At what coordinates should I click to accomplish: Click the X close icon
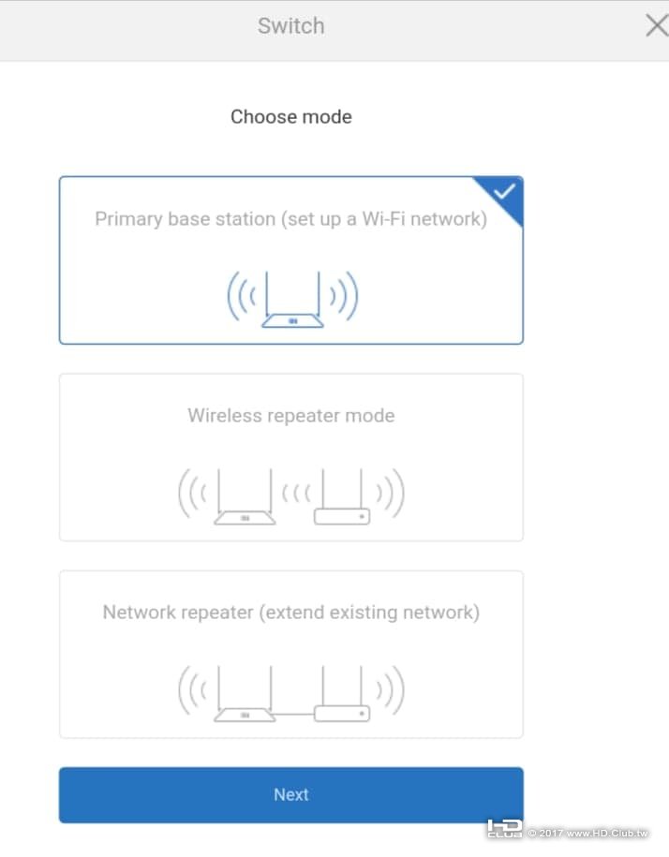click(x=657, y=25)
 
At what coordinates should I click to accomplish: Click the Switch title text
click(x=291, y=25)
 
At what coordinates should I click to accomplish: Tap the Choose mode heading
click(x=291, y=116)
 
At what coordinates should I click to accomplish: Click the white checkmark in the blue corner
click(x=504, y=192)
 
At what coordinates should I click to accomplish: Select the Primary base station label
click(x=290, y=219)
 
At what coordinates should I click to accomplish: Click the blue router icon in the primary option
click(x=292, y=299)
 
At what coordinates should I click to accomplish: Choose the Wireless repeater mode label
click(x=291, y=415)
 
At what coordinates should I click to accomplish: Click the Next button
click(x=291, y=794)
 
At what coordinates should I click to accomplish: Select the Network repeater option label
click(x=291, y=613)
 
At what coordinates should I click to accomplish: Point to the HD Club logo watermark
click(x=504, y=829)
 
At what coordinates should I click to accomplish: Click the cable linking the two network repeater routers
click(x=294, y=714)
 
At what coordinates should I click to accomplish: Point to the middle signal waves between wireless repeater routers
click(x=296, y=494)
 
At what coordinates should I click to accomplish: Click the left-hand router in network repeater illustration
click(x=245, y=694)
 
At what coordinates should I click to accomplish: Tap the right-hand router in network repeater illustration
click(x=342, y=694)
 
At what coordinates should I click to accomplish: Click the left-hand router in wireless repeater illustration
click(x=245, y=496)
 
